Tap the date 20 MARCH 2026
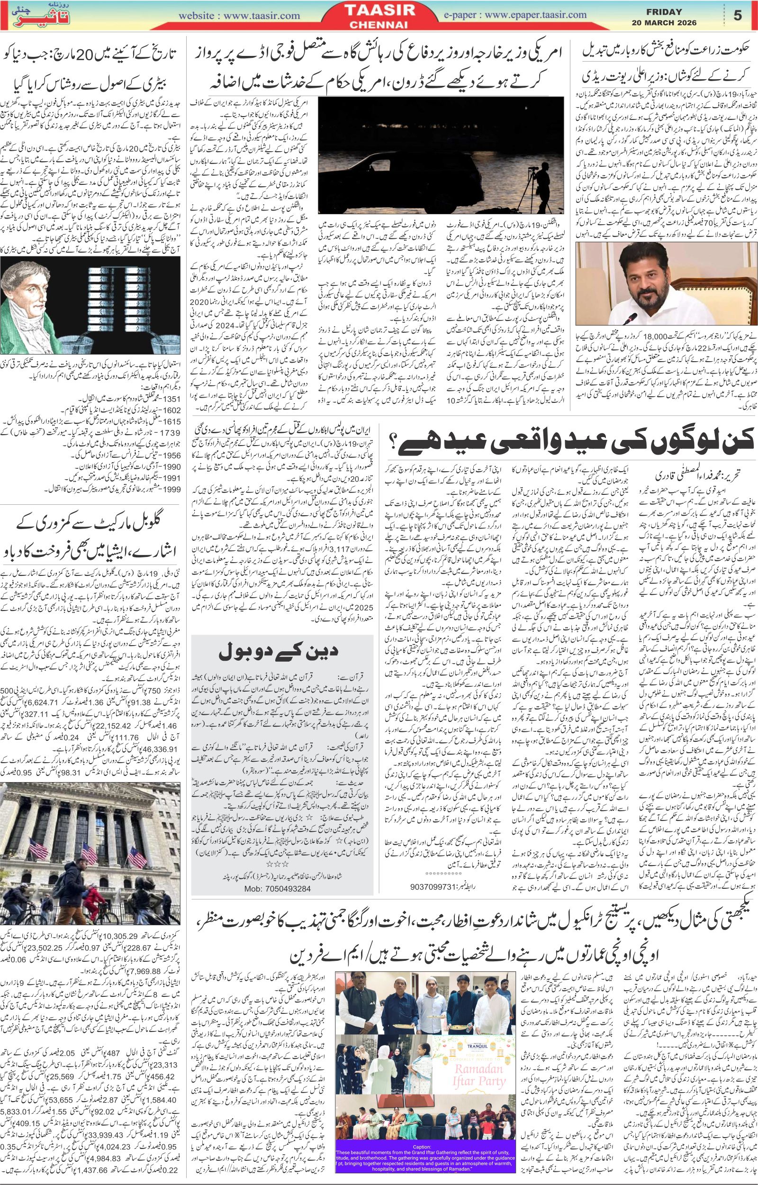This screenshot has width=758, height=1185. (665, 23)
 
